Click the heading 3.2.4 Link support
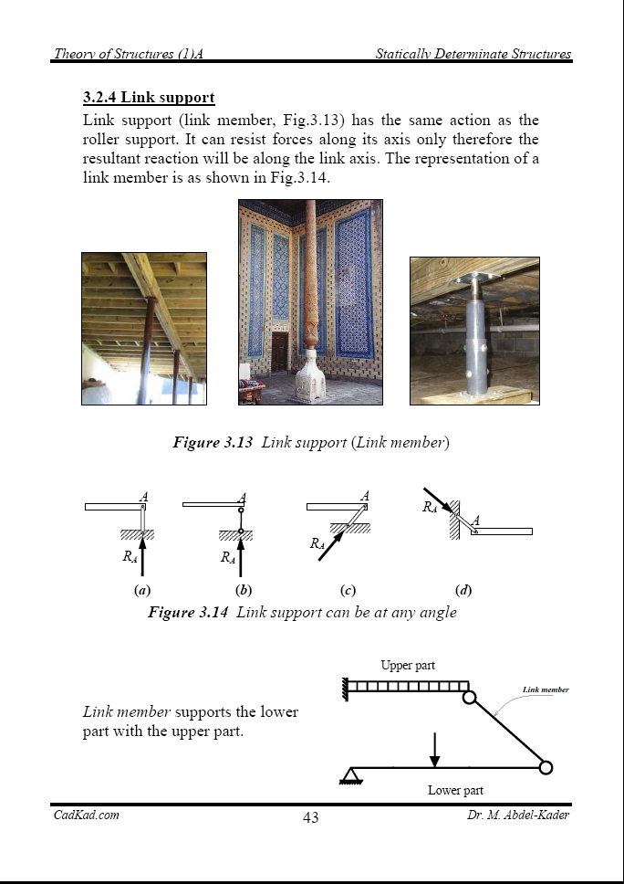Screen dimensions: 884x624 pyautogui.click(x=148, y=97)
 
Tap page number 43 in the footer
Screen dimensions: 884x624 pyautogui.click(x=310, y=817)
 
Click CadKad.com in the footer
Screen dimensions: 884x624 pyautogui.click(x=86, y=815)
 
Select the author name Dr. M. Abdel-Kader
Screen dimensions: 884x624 pyautogui.click(x=512, y=815)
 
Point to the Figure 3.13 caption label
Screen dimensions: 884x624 pyautogui.click(x=213, y=443)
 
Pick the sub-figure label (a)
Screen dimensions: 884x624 pyautogui.click(x=141, y=590)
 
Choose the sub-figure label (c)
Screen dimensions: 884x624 pyautogui.click(x=346, y=590)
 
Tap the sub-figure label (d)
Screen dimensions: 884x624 pyautogui.click(x=463, y=590)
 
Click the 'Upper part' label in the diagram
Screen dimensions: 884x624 pyautogui.click(x=408, y=666)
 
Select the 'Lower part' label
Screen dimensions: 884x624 pyautogui.click(x=455, y=790)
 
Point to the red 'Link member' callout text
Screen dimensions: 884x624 pyautogui.click(x=546, y=689)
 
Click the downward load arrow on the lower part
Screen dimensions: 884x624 pyautogui.click(x=435, y=748)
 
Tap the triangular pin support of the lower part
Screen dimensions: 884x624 pyautogui.click(x=348, y=775)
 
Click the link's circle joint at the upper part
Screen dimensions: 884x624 pyautogui.click(x=469, y=698)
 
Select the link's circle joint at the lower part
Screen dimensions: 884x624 pyautogui.click(x=546, y=767)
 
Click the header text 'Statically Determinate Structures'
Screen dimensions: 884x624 pyautogui.click(x=473, y=54)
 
